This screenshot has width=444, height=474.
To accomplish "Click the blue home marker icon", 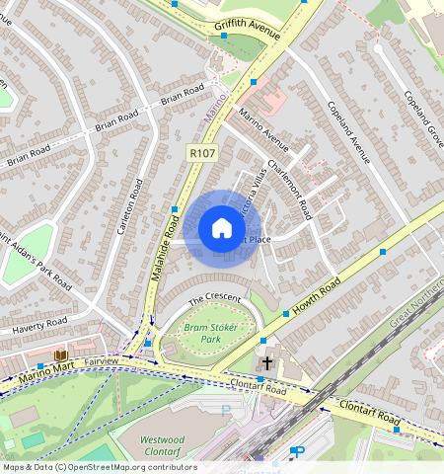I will tap(222, 229).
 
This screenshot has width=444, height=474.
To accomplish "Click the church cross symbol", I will tap(265, 363).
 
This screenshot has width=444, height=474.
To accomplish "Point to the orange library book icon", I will tap(61, 355).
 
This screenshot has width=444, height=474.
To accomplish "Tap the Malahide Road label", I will tap(169, 248).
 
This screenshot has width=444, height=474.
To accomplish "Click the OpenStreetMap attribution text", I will tap(99, 467).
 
